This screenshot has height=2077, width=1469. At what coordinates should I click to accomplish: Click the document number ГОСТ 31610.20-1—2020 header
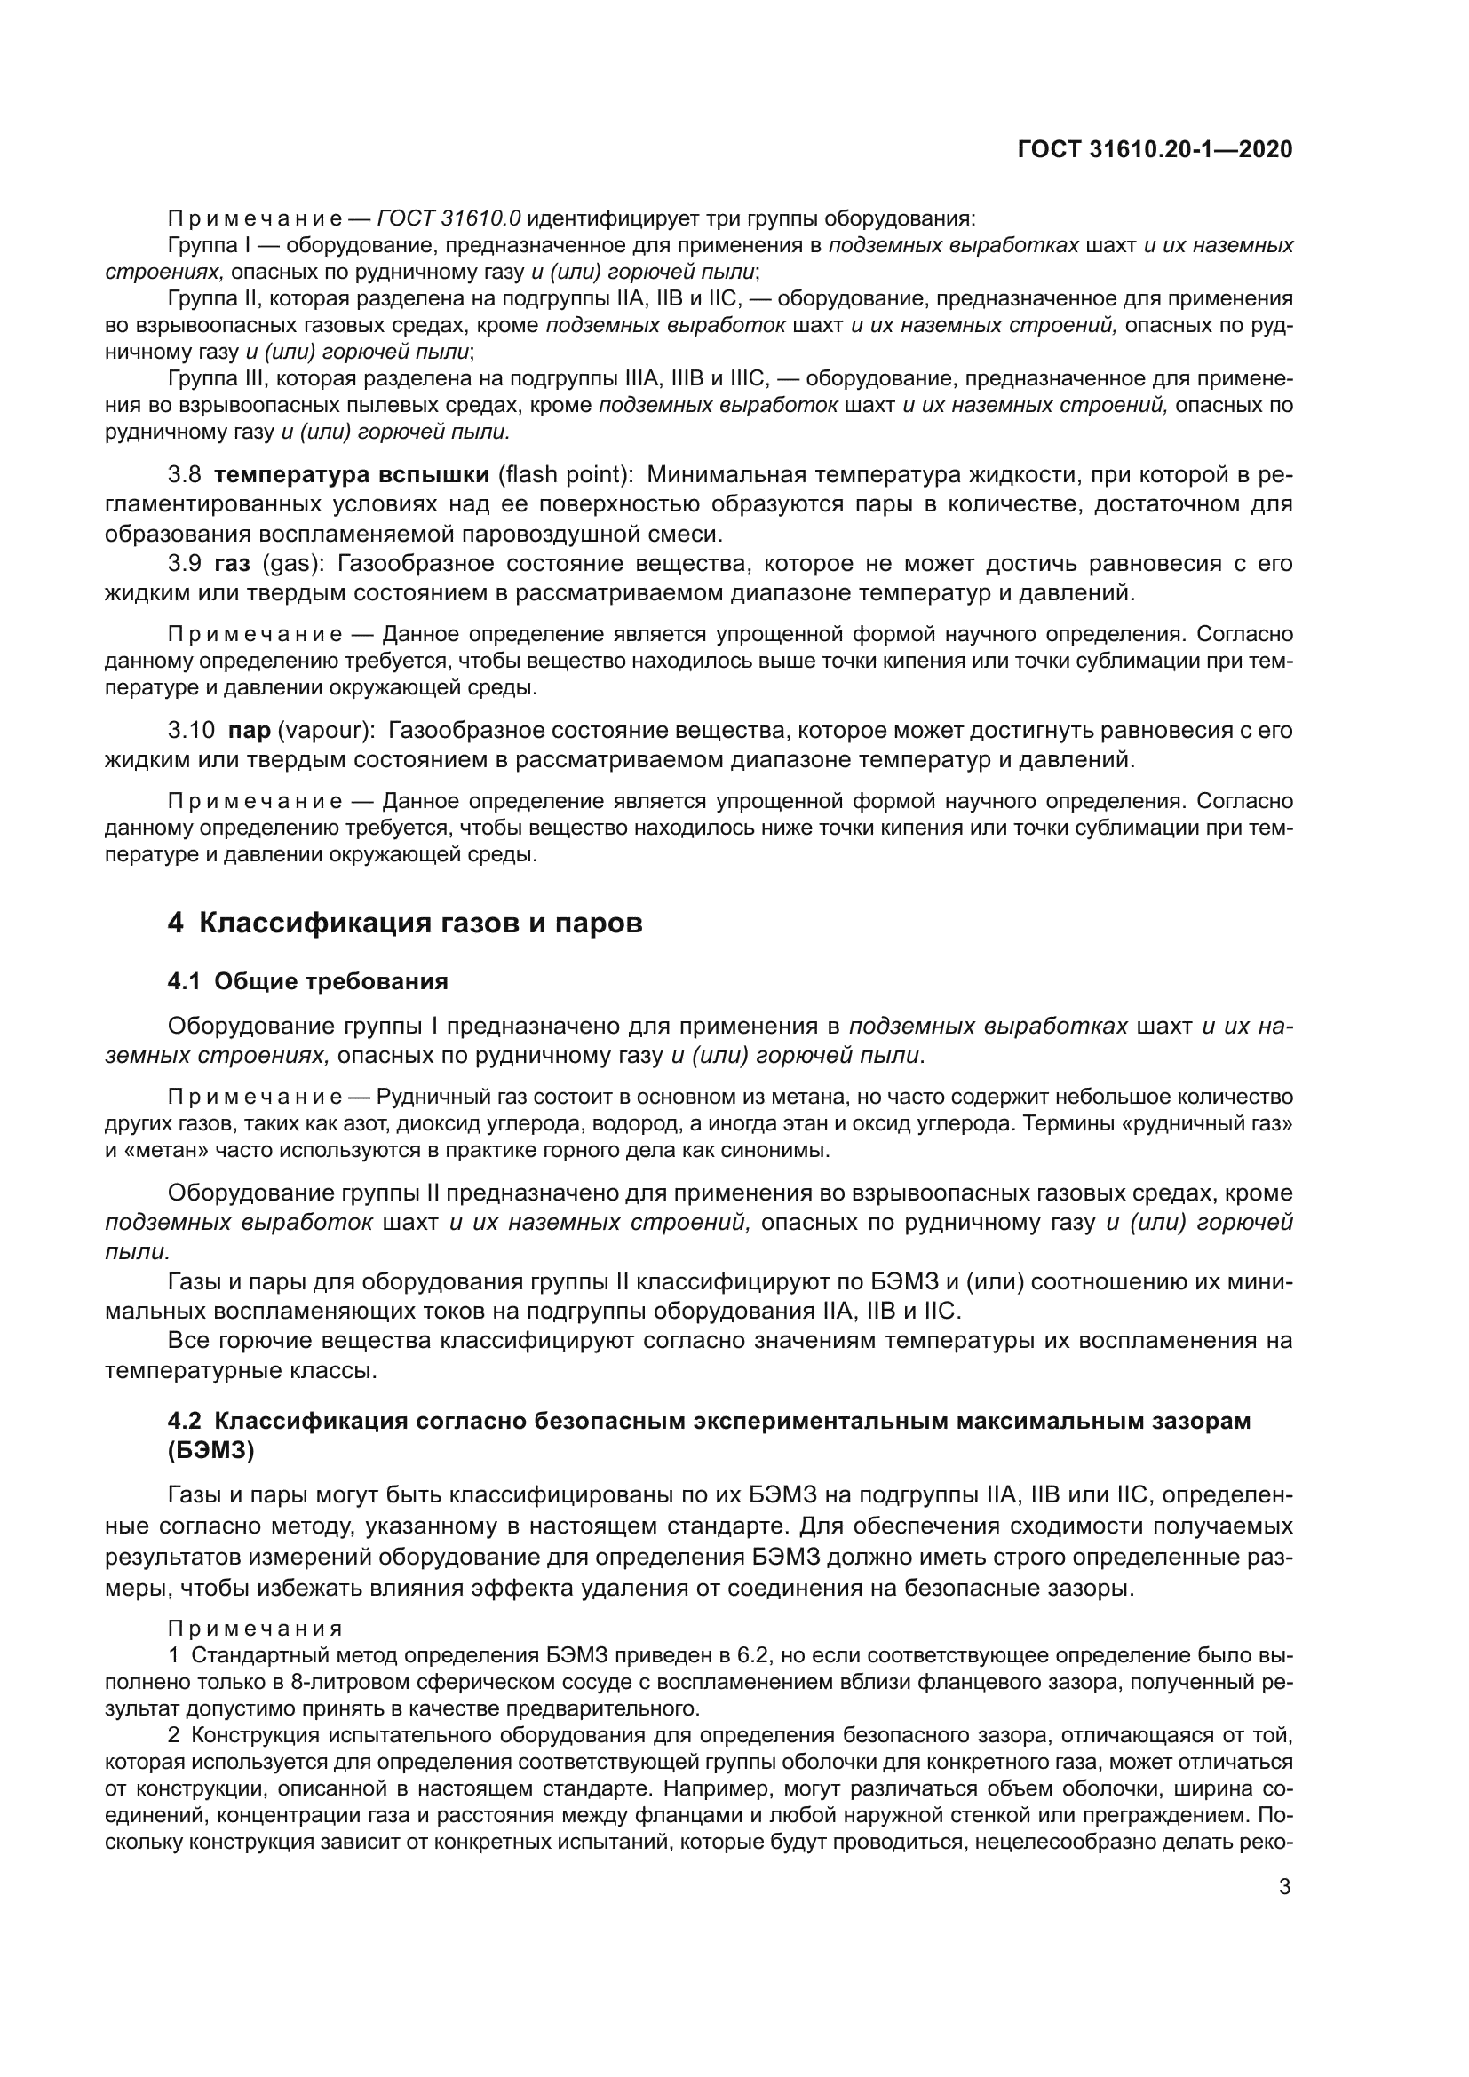[1155, 149]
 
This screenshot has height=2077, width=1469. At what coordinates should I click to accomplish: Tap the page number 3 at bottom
[1284, 1887]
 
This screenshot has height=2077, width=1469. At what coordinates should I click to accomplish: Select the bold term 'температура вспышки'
[352, 474]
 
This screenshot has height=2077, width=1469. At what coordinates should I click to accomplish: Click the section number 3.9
[185, 564]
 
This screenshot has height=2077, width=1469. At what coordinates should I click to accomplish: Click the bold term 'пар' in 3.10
[250, 730]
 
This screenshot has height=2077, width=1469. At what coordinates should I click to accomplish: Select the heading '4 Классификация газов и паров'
[404, 923]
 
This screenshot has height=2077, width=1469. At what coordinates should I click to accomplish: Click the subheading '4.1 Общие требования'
[307, 981]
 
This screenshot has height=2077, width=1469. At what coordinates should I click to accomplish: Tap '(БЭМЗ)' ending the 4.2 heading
[210, 1451]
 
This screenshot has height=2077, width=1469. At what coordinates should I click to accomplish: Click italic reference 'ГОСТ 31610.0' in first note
[449, 219]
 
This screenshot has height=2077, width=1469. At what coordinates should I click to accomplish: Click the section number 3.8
[185, 474]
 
